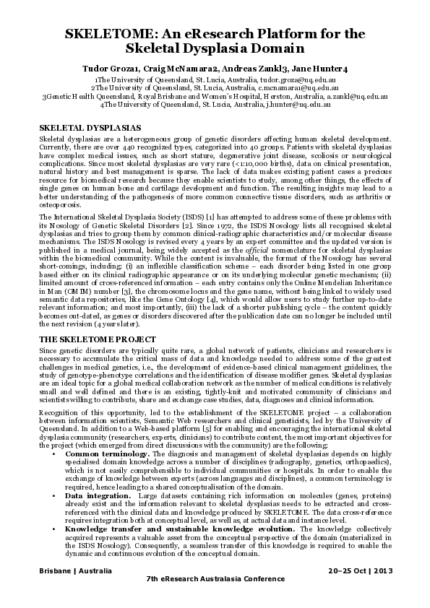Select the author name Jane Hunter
tap(323, 68)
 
